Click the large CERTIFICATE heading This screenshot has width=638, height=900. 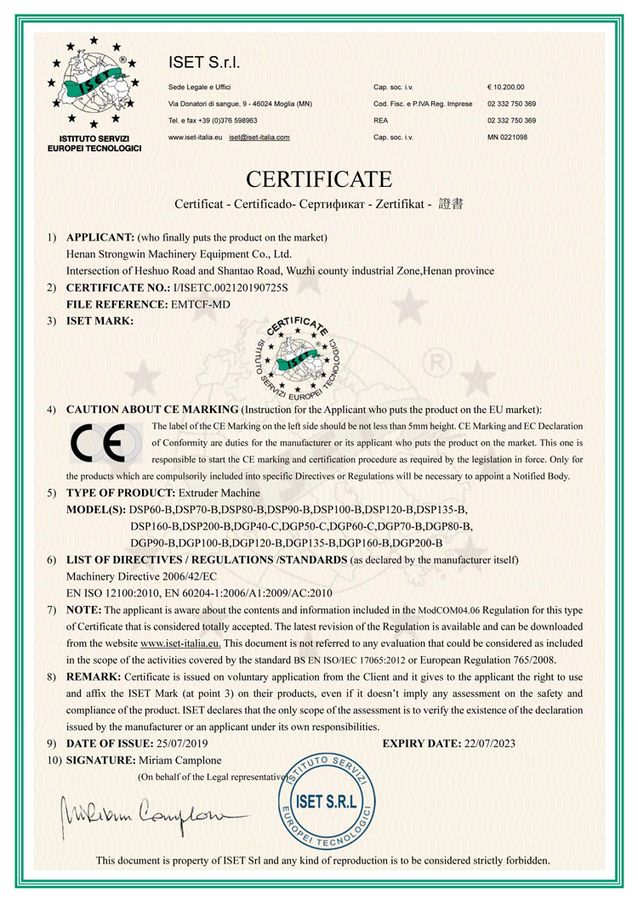(x=319, y=179)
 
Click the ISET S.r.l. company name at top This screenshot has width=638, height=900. (x=204, y=63)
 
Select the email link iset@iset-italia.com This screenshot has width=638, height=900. (x=259, y=137)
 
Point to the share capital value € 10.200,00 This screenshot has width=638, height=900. (x=506, y=87)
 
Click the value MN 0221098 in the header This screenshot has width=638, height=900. (x=507, y=137)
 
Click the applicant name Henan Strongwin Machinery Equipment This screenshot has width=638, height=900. (x=179, y=253)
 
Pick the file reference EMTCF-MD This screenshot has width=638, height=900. (x=202, y=303)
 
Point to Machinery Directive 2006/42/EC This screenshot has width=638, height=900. (x=145, y=576)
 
